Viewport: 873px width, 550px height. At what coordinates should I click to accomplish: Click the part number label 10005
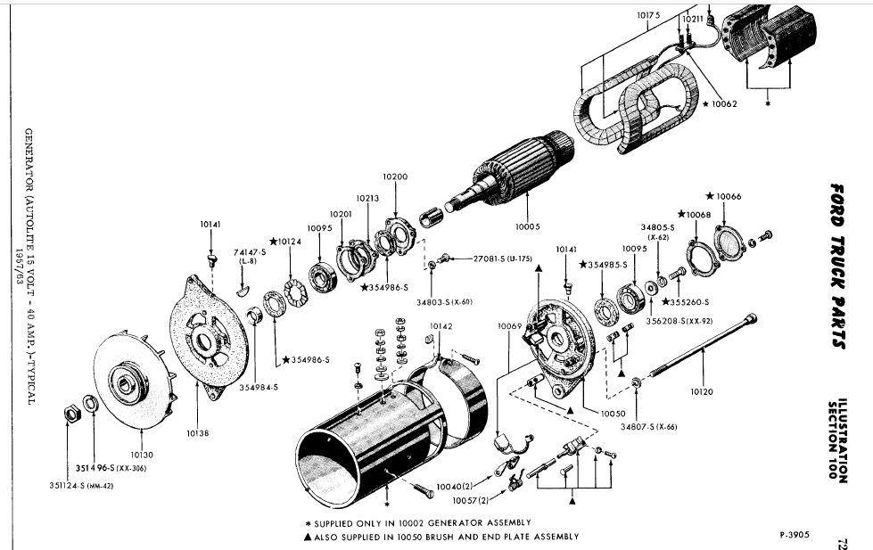click(x=528, y=226)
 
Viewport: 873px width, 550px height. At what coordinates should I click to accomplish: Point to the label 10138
click(x=198, y=433)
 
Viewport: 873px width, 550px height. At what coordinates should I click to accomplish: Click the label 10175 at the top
click(x=648, y=16)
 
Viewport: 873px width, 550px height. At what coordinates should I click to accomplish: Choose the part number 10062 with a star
click(x=720, y=104)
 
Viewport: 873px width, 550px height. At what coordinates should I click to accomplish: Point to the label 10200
click(x=394, y=176)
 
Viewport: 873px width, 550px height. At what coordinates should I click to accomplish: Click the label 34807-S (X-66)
click(x=649, y=427)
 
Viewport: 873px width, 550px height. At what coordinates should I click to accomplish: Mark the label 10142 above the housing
click(x=441, y=327)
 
